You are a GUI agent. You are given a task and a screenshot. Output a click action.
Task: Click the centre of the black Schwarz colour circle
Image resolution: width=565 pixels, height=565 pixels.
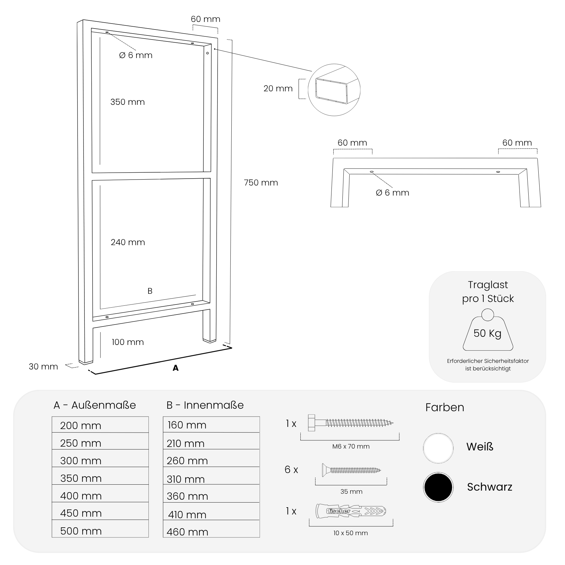pyautogui.click(x=438, y=487)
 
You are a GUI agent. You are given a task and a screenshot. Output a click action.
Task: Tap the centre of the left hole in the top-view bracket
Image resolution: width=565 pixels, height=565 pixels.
pyautogui.click(x=372, y=172)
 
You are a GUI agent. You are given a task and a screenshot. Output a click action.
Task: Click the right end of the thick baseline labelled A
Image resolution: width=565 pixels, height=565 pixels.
pyautogui.click(x=232, y=348)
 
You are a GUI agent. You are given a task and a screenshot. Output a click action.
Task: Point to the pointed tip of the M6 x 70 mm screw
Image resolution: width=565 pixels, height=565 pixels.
pyautogui.click(x=393, y=423)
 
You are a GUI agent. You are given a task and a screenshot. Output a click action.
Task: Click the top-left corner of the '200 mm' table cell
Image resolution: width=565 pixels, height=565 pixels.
pyautogui.click(x=52, y=417)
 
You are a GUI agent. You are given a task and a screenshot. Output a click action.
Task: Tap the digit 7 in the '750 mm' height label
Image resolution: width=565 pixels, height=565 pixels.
pyautogui.click(x=246, y=183)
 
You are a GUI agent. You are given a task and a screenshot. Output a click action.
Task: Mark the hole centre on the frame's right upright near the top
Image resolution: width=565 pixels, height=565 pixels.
pyautogui.click(x=207, y=53)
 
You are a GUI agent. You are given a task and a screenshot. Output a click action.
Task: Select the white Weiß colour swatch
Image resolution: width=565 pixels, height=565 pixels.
pyautogui.click(x=438, y=448)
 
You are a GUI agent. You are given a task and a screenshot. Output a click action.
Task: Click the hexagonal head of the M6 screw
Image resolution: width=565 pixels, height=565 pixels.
pyautogui.click(x=311, y=423)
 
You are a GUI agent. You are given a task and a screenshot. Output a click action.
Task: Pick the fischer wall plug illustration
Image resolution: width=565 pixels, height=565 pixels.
pyautogui.click(x=351, y=511)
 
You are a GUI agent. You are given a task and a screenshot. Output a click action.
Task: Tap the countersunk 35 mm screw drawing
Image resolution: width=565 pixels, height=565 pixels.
pyautogui.click(x=351, y=470)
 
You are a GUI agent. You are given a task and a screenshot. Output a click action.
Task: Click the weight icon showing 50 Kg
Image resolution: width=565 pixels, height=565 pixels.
pyautogui.click(x=488, y=330)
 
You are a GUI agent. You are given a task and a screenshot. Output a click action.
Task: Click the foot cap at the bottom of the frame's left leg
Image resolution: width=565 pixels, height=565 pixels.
pyautogui.click(x=85, y=362)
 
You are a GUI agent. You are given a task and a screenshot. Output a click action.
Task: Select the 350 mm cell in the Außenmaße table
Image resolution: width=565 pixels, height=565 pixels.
pyautogui.click(x=100, y=476)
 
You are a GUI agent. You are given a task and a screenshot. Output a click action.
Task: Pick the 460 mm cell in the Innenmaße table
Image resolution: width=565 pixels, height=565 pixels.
pyautogui.click(x=211, y=529)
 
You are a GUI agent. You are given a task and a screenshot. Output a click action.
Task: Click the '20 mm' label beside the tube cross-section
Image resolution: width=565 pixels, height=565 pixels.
pyautogui.click(x=278, y=89)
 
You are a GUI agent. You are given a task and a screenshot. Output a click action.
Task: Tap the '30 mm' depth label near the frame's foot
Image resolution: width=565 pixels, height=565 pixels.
pyautogui.click(x=43, y=367)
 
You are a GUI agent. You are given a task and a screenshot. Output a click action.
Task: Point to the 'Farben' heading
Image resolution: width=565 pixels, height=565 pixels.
pyautogui.click(x=445, y=407)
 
